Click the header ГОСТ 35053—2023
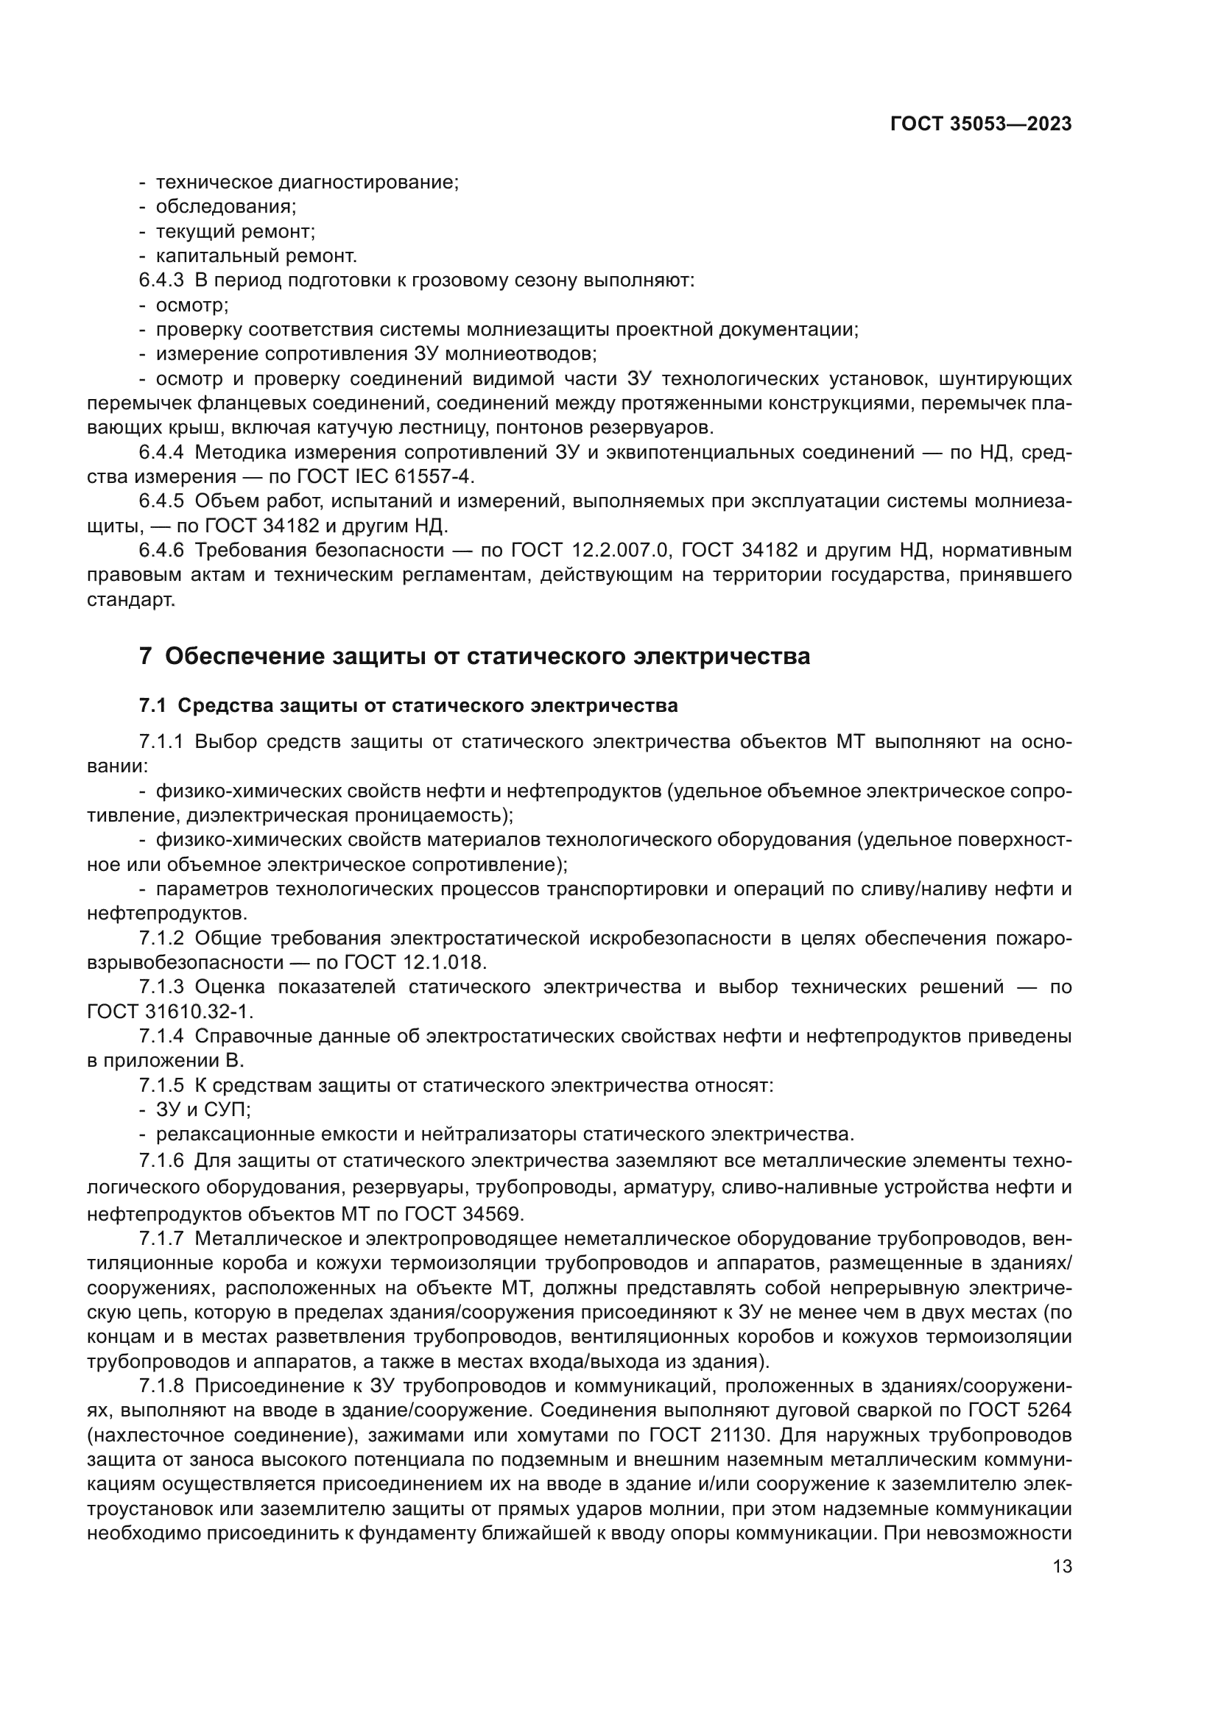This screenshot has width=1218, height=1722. (x=980, y=124)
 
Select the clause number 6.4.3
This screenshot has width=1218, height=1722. (x=161, y=280)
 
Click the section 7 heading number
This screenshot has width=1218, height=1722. (x=146, y=656)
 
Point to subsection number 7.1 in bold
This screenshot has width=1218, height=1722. (x=152, y=706)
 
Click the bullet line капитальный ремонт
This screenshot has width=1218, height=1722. (x=256, y=255)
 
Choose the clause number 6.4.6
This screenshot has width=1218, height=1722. (x=161, y=551)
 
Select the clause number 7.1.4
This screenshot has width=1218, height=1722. (x=161, y=1037)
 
